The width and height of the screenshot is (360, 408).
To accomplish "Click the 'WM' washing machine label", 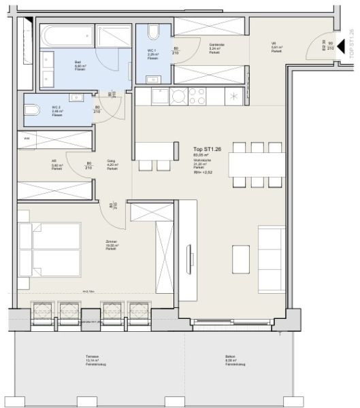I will (x=27, y=138).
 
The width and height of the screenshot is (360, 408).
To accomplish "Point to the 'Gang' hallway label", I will (x=111, y=161).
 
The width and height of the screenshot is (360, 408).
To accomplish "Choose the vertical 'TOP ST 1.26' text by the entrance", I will (x=351, y=44).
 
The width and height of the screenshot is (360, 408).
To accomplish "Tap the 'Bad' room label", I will (x=79, y=62).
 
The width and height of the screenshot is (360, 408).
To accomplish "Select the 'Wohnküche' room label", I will (x=202, y=160).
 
